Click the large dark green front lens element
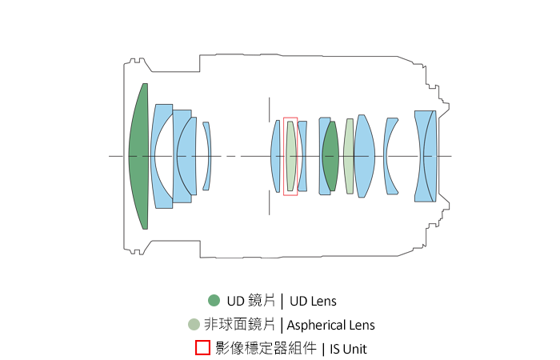tap(139, 156)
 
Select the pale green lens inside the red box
tap(291, 156)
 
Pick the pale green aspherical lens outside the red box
tap(349, 156)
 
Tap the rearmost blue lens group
tap(425, 156)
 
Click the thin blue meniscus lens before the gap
tap(206, 156)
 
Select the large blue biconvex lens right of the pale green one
tap(365, 156)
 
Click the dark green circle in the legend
tap(214, 301)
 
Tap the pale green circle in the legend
tap(193, 325)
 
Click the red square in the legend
tap(203, 348)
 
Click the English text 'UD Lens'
tap(313, 302)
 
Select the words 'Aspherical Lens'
tap(330, 326)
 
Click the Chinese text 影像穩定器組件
tap(266, 348)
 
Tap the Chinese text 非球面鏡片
tap(240, 325)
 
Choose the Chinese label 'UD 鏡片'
tap(251, 301)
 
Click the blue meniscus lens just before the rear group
tap(390, 156)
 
